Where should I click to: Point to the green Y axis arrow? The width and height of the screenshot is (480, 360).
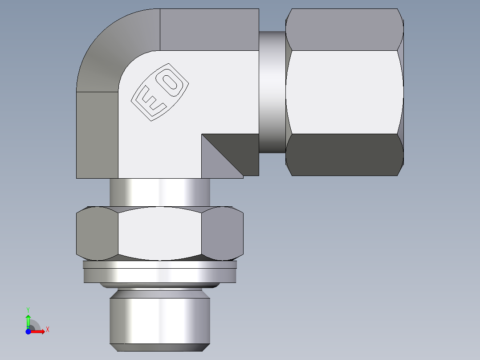28,320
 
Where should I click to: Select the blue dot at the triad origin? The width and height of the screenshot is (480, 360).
28,331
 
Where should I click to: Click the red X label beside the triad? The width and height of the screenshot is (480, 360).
47,330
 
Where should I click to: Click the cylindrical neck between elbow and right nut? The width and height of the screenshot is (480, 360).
272,91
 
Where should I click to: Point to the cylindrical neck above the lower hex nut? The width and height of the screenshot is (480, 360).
159,192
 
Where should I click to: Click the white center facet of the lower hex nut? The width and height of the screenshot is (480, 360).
159,233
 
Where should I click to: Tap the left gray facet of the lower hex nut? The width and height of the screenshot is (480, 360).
97,233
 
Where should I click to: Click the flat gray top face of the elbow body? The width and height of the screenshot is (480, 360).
209,29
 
